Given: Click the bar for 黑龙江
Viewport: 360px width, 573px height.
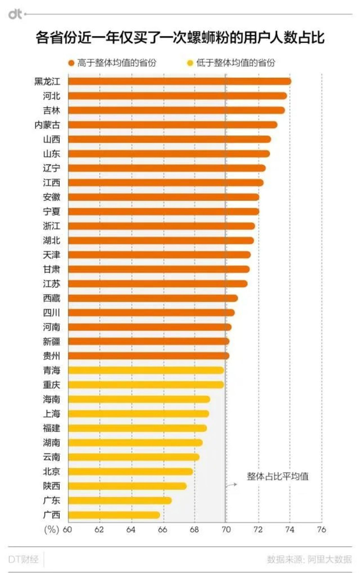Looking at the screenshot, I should [179, 81].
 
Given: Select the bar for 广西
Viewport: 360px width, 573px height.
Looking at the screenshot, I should [114, 515].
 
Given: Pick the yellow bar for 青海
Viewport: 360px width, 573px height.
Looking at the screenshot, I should [146, 370].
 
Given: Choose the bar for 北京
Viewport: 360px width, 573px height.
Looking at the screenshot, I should [130, 472].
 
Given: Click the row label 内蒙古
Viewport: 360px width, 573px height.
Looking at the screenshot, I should [47, 124].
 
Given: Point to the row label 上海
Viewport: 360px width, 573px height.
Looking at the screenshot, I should [51, 414].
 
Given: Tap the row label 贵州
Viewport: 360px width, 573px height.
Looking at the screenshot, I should [51, 356].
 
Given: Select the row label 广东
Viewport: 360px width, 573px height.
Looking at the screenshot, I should [51, 501].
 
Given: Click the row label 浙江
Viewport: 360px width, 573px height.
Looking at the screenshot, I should [51, 226].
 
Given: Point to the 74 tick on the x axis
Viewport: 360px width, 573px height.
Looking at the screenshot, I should [290, 529].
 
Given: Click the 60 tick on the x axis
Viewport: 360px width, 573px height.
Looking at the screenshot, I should [68, 529].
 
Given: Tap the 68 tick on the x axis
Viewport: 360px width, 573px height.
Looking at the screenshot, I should [194, 529].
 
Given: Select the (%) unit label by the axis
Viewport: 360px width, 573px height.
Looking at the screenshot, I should [51, 529].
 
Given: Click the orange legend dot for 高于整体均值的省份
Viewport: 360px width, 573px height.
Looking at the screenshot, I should [71, 63].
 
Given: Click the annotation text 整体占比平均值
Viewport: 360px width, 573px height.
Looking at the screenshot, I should [278, 476].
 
